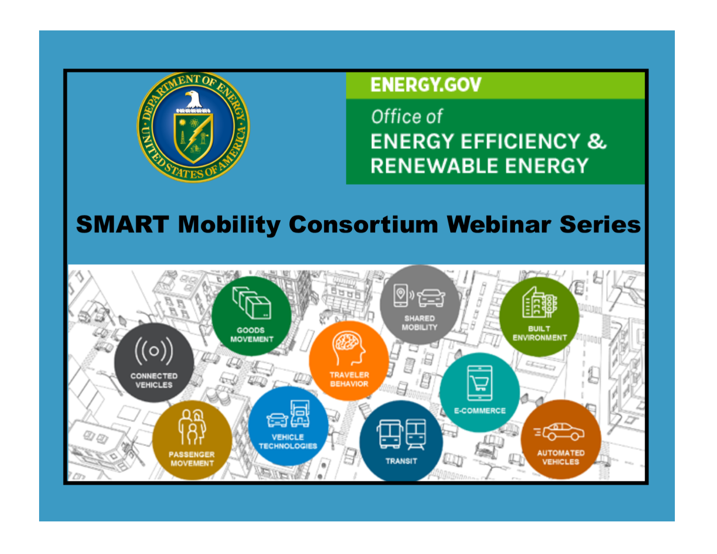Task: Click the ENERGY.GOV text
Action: tap(426, 85)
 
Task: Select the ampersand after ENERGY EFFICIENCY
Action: tap(597, 141)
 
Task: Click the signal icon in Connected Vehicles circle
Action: tap(154, 351)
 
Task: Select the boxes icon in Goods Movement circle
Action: tap(252, 302)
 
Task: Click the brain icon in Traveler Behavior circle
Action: tap(349, 348)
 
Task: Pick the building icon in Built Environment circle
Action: tap(539, 302)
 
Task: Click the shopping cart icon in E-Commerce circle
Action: tap(480, 383)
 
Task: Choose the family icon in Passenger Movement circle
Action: tap(193, 427)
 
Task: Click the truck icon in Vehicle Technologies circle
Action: tap(300, 414)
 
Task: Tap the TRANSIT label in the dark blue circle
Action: tap(401, 461)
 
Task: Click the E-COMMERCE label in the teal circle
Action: tap(480, 411)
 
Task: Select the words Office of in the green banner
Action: tap(406, 117)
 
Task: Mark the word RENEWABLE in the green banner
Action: tap(434, 166)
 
